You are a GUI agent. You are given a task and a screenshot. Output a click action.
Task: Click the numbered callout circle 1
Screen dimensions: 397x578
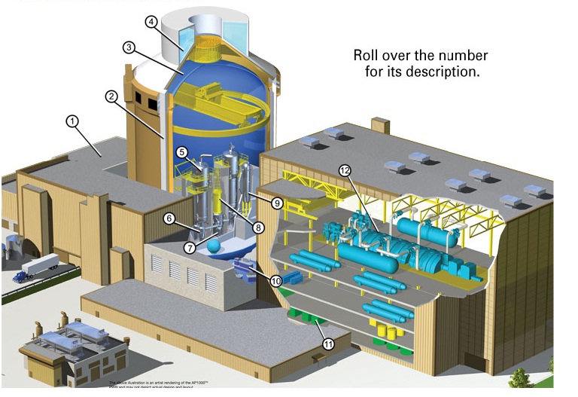[73, 121]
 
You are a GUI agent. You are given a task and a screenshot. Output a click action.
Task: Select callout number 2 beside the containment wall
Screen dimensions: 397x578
[111, 96]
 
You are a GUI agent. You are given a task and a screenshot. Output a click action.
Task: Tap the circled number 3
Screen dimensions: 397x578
[129, 47]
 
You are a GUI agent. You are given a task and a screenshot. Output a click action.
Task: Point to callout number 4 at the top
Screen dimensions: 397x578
[152, 22]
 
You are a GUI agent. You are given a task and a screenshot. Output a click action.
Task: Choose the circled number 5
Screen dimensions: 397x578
[182, 152]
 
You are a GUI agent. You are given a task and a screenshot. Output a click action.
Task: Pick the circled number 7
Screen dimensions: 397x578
[190, 247]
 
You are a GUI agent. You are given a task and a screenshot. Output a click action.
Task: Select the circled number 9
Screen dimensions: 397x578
[277, 203]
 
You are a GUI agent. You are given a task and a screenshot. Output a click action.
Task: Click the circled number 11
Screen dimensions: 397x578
[328, 344]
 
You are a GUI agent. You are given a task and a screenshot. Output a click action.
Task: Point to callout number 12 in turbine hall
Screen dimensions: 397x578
[345, 171]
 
